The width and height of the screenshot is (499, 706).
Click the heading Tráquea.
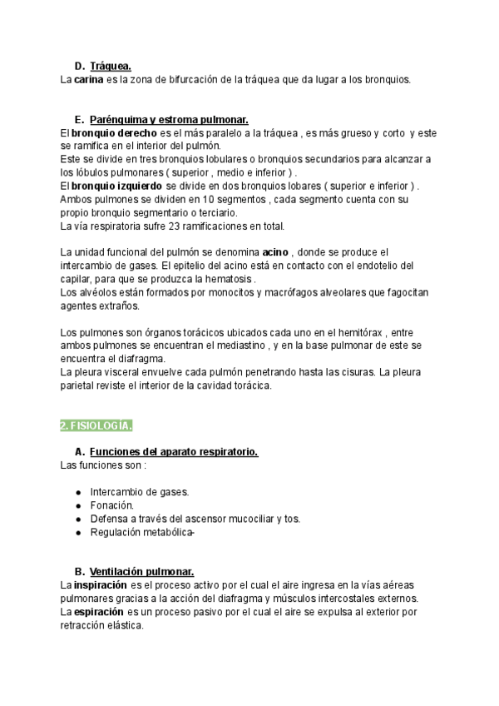point(111,66)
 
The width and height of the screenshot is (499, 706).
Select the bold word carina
point(88,79)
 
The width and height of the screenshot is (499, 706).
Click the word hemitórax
point(333,332)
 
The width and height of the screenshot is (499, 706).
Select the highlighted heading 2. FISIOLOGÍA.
point(96,425)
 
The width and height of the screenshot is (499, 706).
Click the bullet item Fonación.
point(112,505)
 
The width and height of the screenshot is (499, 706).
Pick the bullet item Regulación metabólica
point(142,532)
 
